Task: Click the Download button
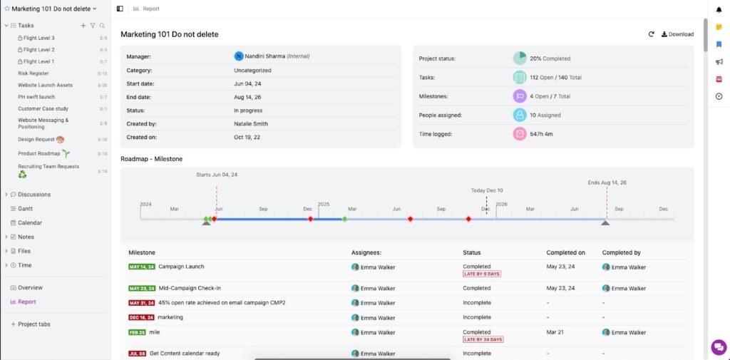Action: click(x=677, y=34)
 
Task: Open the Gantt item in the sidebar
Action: click(x=26, y=208)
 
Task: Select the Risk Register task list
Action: click(x=34, y=73)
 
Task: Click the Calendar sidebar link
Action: click(x=29, y=222)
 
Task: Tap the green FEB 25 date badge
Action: click(x=138, y=332)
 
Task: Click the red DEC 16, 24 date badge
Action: click(x=142, y=317)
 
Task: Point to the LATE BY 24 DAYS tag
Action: click(x=483, y=339)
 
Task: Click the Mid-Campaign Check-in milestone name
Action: click(x=190, y=288)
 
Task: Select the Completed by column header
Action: click(x=622, y=252)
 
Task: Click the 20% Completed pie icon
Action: click(x=520, y=58)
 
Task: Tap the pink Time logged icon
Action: click(x=520, y=133)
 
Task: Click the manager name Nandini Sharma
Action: click(x=264, y=56)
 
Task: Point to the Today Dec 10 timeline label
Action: click(x=487, y=190)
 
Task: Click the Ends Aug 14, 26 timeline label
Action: click(x=607, y=183)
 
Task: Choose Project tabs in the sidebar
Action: click(x=34, y=324)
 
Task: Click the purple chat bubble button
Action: click(x=718, y=346)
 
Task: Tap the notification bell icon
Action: click(x=719, y=9)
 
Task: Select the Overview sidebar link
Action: click(x=30, y=287)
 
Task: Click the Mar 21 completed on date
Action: click(x=555, y=332)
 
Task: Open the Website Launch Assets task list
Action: click(x=45, y=85)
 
